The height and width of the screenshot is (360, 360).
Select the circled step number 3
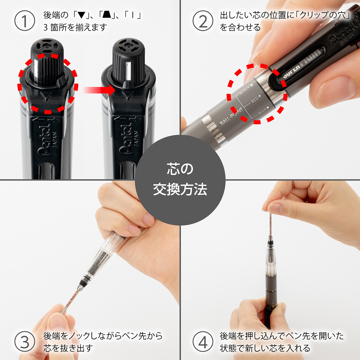coord(25,342)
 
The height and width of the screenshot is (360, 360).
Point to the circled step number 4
coord(203,342)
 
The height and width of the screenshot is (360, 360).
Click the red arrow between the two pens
coord(99,90)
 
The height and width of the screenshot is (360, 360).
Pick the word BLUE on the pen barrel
coord(262,111)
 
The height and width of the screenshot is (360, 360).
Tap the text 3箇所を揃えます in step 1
coord(75,28)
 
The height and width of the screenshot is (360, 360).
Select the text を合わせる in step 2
coord(240,28)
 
